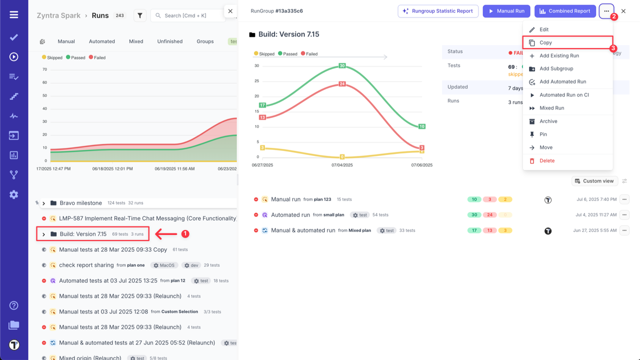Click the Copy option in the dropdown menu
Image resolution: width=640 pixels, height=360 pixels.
pyautogui.click(x=545, y=42)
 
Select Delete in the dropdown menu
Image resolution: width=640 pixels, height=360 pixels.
pyautogui.click(x=547, y=160)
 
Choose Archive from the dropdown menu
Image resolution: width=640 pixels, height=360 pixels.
pyautogui.click(x=548, y=121)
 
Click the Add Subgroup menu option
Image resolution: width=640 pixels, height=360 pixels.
pyautogui.click(x=556, y=68)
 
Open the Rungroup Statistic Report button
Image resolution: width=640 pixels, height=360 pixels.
pyautogui.click(x=438, y=11)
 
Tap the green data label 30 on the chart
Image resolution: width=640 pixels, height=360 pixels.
pyautogui.click(x=342, y=65)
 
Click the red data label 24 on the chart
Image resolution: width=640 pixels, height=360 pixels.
pyautogui.click(x=342, y=84)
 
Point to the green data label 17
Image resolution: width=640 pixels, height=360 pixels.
pyautogui.click(x=262, y=105)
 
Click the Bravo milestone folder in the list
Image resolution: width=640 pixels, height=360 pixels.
pyautogui.click(x=80, y=203)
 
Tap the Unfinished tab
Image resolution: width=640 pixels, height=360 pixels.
pyautogui.click(x=170, y=41)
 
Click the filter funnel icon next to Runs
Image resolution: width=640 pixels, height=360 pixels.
pyautogui.click(x=140, y=15)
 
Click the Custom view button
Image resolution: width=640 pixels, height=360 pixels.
pyautogui.click(x=594, y=181)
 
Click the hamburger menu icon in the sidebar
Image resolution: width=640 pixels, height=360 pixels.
pyautogui.click(x=14, y=14)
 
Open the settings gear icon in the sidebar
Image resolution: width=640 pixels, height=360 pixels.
pyautogui.click(x=14, y=194)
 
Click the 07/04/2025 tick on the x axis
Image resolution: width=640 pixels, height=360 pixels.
pyautogui.click(x=342, y=165)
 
